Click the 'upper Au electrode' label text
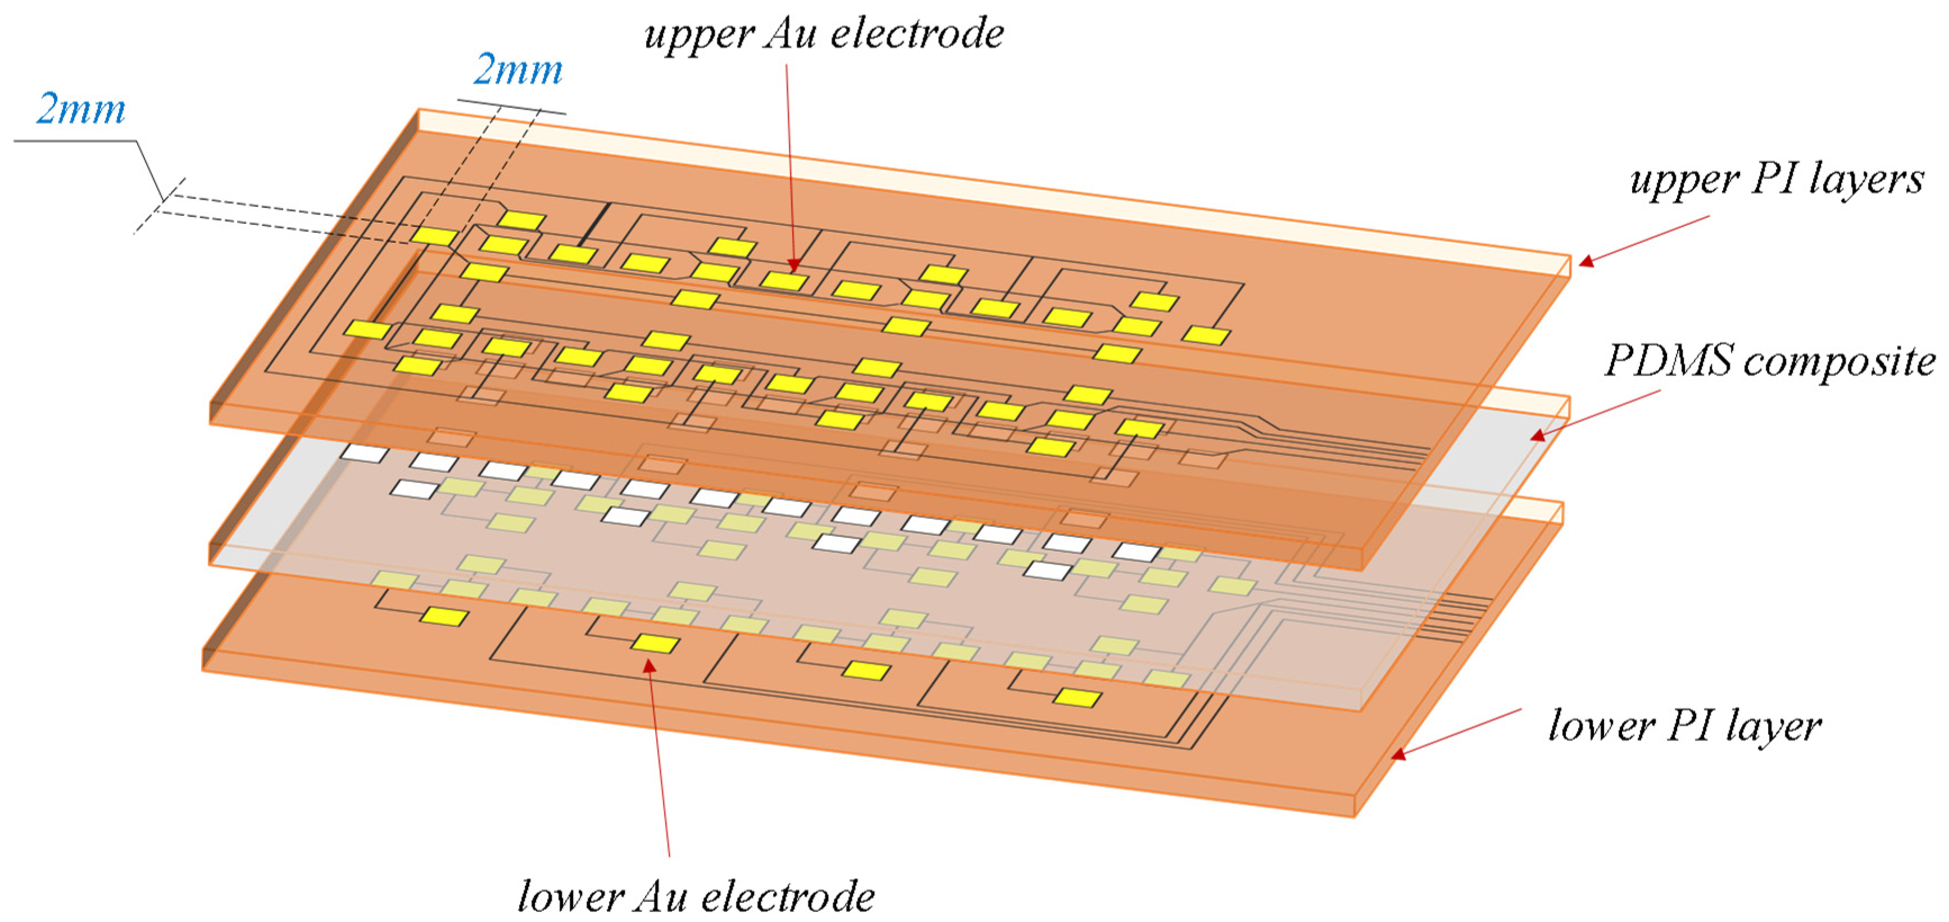coord(823,35)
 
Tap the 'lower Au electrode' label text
coord(696,897)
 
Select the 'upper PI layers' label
coord(1777,180)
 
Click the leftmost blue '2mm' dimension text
coord(81,110)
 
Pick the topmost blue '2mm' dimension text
coord(518,70)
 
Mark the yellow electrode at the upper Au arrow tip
coord(784,281)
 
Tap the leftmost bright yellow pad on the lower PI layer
coord(444,617)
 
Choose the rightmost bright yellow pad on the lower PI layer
coord(1078,697)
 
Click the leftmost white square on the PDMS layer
coord(365,454)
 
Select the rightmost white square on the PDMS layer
coord(1137,552)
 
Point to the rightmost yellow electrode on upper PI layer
coord(1206,335)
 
